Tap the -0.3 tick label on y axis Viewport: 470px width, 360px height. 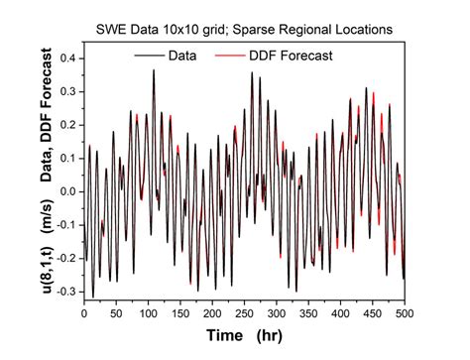pos(65,292)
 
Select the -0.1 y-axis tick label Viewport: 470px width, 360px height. pos(65,225)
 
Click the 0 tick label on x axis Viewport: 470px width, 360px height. pos(84,314)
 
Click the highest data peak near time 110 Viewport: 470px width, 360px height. pos(154,71)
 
